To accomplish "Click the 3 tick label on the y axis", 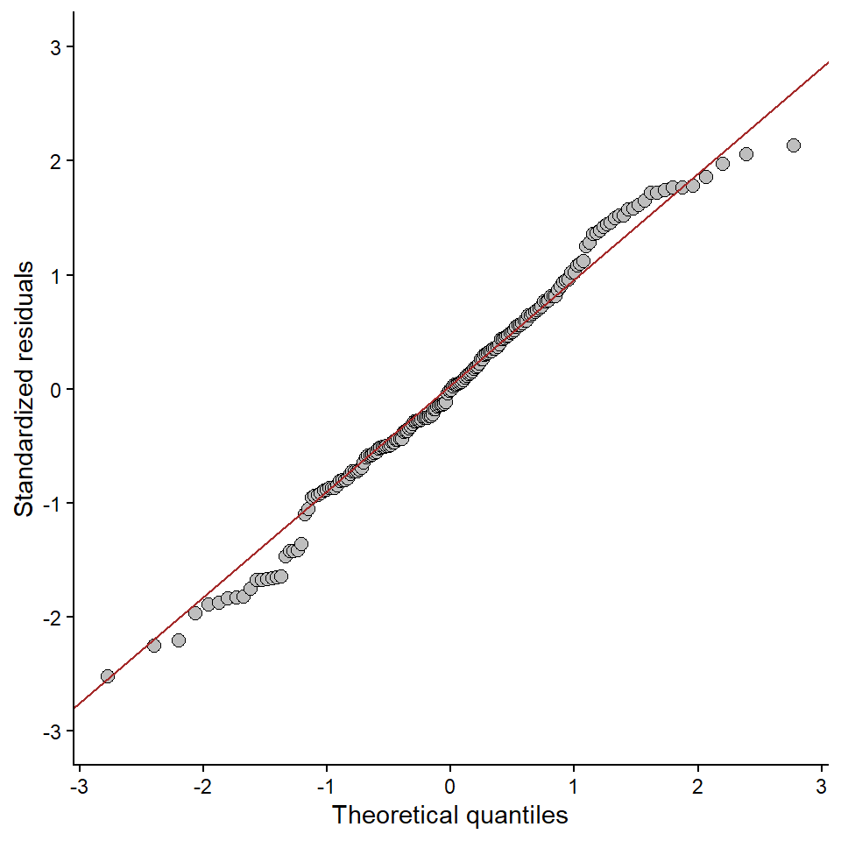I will click(x=57, y=47).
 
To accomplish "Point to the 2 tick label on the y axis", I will click(x=57, y=161).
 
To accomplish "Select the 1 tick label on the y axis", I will click(x=57, y=275).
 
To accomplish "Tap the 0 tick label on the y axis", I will click(x=57, y=389).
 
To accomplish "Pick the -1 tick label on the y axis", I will click(x=53, y=503).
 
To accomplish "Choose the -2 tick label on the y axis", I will click(x=53, y=618).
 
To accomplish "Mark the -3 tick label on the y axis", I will click(x=53, y=731).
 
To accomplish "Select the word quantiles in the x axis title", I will click(x=516, y=816).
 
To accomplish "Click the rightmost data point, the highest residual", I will click(x=794, y=145).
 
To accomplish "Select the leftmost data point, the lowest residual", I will click(x=108, y=676).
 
